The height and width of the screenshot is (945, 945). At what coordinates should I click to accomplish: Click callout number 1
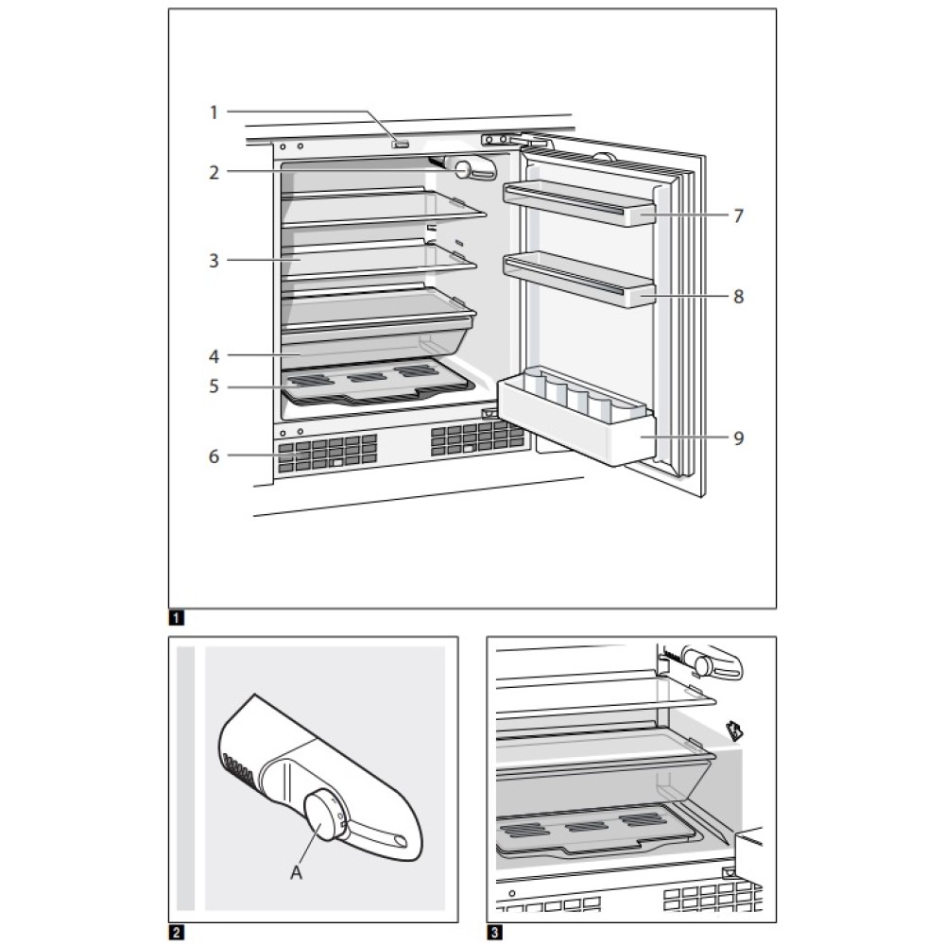(x=214, y=112)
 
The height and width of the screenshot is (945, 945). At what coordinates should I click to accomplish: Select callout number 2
(x=214, y=172)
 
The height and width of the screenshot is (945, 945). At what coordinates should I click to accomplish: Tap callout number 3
(x=214, y=260)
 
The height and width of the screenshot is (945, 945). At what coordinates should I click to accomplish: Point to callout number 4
(x=214, y=356)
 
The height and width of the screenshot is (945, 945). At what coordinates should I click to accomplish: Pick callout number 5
(x=214, y=386)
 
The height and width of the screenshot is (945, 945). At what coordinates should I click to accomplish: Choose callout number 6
(x=214, y=456)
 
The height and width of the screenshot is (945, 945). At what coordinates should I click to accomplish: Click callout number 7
(x=738, y=215)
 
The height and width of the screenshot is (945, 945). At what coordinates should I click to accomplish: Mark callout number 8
(x=738, y=297)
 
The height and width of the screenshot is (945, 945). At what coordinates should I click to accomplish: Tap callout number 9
(x=738, y=438)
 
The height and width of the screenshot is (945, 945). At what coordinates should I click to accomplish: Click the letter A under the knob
(x=296, y=874)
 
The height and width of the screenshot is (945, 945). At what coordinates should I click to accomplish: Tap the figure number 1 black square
(x=175, y=620)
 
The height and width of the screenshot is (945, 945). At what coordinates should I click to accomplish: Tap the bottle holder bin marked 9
(x=576, y=418)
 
